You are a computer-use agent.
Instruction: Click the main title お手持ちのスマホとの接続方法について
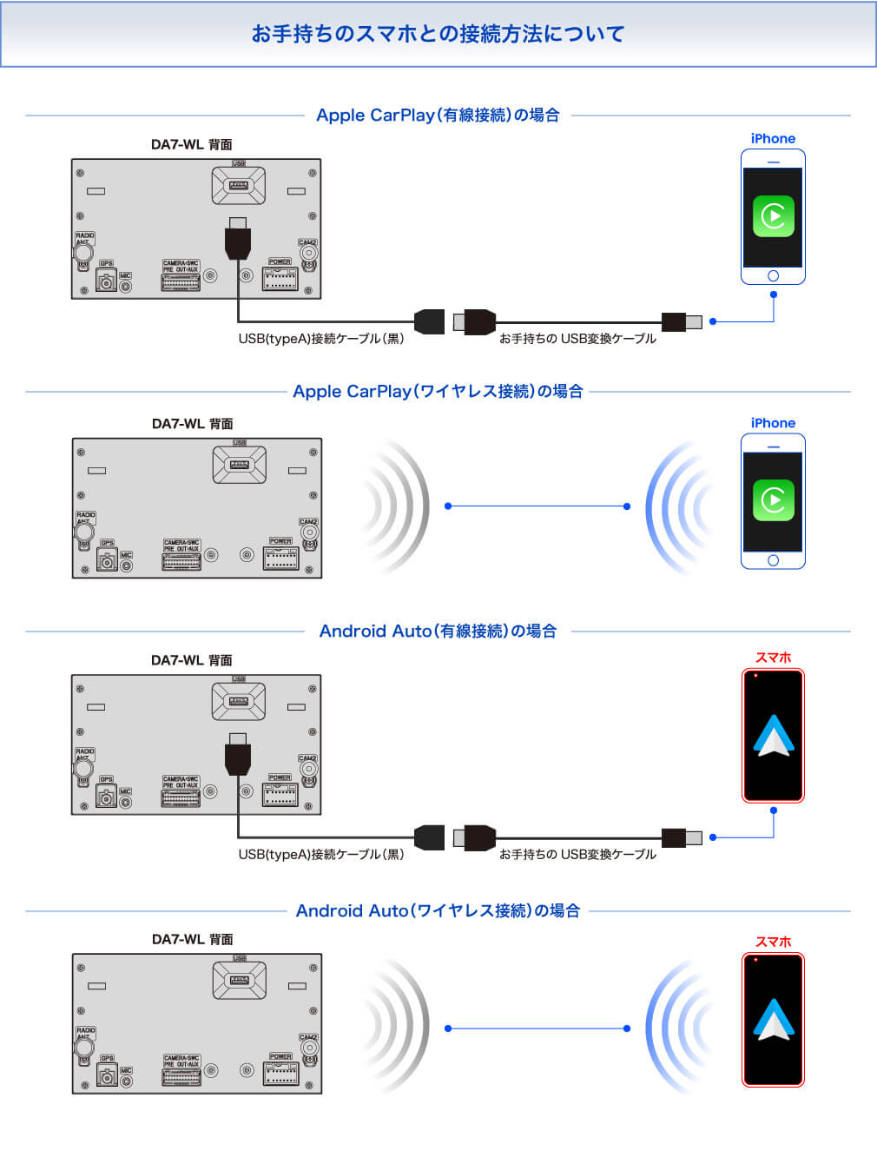click(x=438, y=34)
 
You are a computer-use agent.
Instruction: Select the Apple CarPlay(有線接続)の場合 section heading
click(x=438, y=115)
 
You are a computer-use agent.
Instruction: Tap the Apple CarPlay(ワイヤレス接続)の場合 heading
click(x=438, y=391)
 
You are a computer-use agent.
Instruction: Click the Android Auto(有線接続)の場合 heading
click(x=438, y=631)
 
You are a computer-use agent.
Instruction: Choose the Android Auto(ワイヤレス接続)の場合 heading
click(x=438, y=910)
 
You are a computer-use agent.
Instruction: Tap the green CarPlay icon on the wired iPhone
click(x=773, y=216)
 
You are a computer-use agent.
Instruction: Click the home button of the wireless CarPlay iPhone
click(x=773, y=560)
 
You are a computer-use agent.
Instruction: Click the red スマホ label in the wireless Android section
click(x=773, y=942)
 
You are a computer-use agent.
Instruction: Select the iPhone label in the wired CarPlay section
click(x=773, y=138)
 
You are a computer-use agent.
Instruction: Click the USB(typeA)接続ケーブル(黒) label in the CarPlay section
click(x=321, y=339)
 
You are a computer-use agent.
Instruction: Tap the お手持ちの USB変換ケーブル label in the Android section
click(x=577, y=854)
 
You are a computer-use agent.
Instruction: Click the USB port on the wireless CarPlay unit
click(x=239, y=465)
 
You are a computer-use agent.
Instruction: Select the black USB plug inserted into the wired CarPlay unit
click(x=238, y=239)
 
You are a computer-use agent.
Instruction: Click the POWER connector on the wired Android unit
click(x=280, y=793)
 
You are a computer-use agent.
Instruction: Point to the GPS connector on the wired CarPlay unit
click(x=106, y=281)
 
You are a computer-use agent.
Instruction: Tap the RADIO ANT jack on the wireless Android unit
click(x=84, y=1048)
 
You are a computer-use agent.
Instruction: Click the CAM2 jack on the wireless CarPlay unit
click(x=309, y=533)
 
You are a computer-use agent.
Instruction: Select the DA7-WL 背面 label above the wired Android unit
click(x=191, y=660)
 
